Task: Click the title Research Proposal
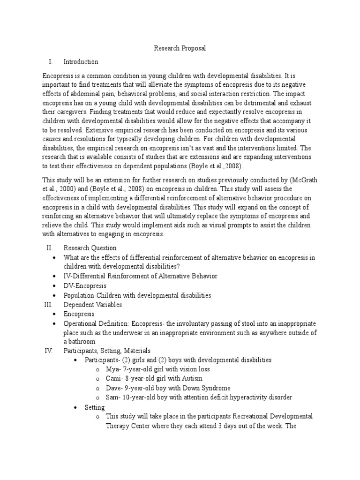click(x=180, y=48)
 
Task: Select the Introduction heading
click(x=81, y=61)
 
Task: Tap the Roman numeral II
click(x=48, y=248)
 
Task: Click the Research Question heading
click(x=90, y=248)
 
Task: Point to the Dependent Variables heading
click(x=93, y=305)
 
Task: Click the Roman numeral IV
click(x=48, y=350)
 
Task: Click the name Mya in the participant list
click(x=113, y=369)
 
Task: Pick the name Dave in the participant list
click(x=114, y=388)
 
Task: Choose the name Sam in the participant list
click(x=113, y=397)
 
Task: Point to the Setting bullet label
click(x=95, y=407)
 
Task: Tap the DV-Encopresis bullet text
click(x=85, y=286)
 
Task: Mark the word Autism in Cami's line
click(x=199, y=379)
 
